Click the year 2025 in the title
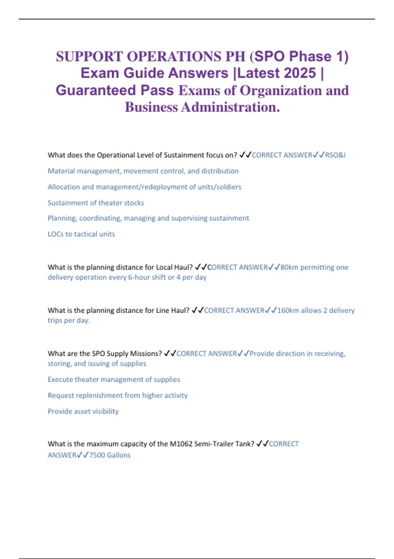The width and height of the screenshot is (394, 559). [299, 73]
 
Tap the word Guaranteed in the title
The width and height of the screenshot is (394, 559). [96, 90]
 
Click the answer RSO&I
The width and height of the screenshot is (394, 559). [335, 155]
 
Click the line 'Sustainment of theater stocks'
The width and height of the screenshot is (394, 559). [96, 203]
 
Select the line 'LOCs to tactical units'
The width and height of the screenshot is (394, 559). [81, 234]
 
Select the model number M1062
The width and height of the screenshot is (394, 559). [181, 444]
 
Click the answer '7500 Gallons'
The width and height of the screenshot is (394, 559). [110, 455]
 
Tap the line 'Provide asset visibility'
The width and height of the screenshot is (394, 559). [83, 411]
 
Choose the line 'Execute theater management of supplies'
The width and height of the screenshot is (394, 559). [114, 379]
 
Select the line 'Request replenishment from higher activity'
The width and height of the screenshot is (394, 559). [118, 395]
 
